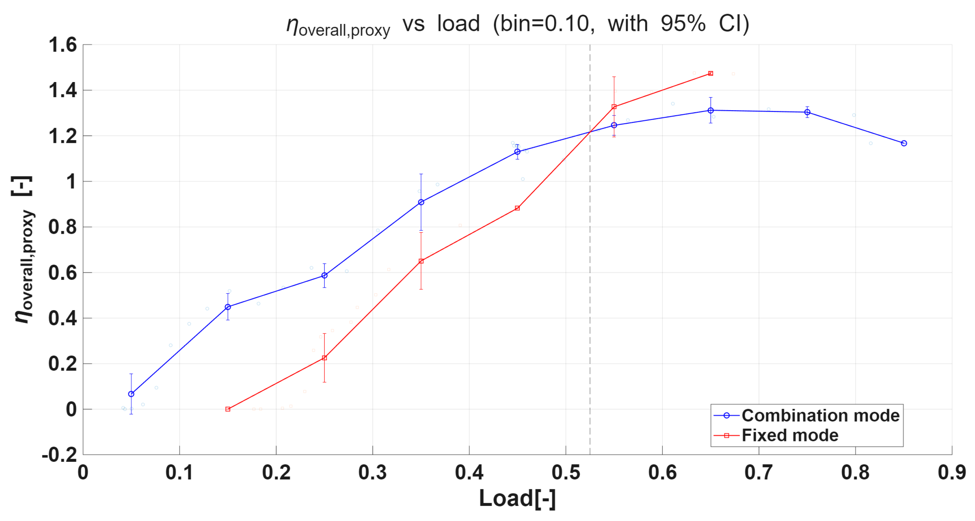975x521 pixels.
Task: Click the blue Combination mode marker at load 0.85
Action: [x=904, y=143]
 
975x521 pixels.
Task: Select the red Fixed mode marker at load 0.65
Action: [x=710, y=74]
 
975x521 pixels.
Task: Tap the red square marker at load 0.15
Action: [x=228, y=409]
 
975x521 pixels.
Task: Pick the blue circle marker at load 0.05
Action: [x=131, y=394]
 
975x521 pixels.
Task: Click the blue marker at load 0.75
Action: [x=807, y=112]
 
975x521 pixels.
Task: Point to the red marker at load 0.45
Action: [x=517, y=208]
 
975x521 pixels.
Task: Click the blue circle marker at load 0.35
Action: [x=421, y=202]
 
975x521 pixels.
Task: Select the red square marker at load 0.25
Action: [x=324, y=357]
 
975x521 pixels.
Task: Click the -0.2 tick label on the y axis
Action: [x=59, y=454]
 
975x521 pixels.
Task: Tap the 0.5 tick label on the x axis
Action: [x=565, y=472]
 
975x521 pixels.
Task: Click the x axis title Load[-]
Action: [x=517, y=498]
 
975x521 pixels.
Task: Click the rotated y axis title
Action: [x=24, y=250]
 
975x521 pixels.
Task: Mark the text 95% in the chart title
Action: [x=683, y=24]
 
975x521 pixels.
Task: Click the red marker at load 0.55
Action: [x=614, y=107]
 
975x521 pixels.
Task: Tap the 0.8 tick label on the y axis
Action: [x=62, y=227]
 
